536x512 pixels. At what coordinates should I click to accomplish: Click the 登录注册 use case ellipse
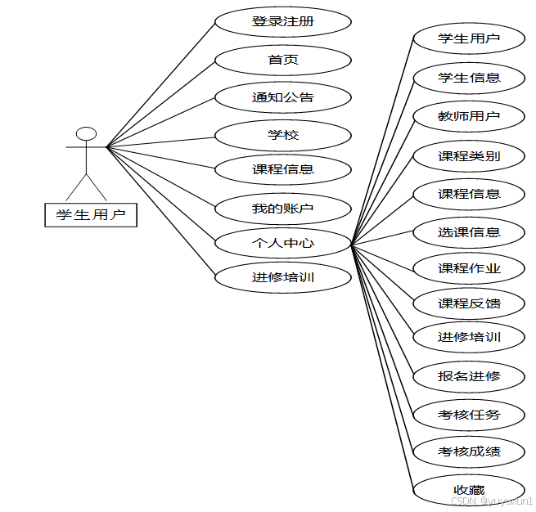coord(283,22)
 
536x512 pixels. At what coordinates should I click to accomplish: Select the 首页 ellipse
coord(283,60)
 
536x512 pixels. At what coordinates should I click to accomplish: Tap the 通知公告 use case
coord(283,97)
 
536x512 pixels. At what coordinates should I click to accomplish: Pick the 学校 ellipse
coord(283,134)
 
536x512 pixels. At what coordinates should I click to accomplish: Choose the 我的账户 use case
coord(283,208)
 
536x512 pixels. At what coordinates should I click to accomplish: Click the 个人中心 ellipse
coord(283,243)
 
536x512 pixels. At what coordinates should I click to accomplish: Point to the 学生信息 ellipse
coord(469,78)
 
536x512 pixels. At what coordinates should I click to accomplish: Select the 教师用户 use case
coord(469,116)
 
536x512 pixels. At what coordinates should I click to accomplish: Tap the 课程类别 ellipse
coord(469,155)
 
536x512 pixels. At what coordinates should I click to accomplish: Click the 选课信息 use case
coord(469,232)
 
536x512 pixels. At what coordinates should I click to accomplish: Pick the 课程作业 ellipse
coord(469,268)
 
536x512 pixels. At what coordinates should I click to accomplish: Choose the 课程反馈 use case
coord(469,303)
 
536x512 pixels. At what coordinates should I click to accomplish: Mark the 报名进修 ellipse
coord(469,376)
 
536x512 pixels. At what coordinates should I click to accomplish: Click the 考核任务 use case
coord(469,414)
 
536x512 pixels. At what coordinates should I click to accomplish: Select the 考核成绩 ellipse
coord(469,451)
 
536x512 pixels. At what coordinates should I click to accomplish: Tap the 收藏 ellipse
coord(469,489)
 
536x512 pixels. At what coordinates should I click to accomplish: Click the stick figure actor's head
coord(86,134)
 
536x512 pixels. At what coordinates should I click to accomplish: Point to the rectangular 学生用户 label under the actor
coord(90,215)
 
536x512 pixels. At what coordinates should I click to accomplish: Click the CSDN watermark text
coord(491,500)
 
